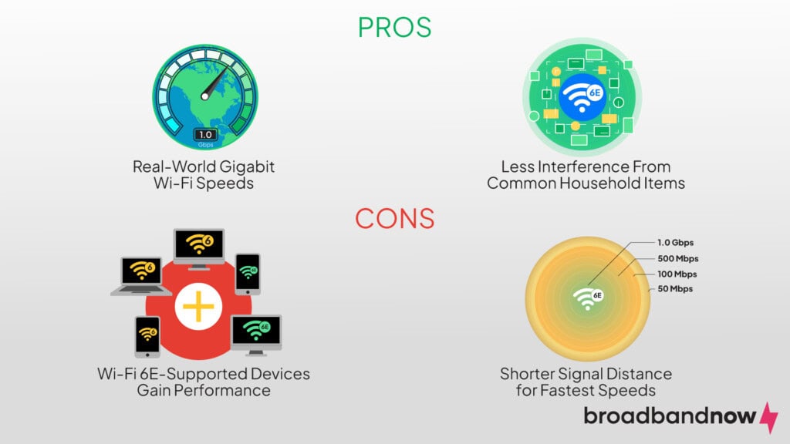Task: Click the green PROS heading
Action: click(394, 27)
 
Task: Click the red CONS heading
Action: click(394, 218)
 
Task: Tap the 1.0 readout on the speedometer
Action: click(204, 134)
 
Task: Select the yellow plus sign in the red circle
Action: click(198, 307)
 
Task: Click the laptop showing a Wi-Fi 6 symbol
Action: click(141, 274)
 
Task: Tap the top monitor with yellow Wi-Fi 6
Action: click(198, 247)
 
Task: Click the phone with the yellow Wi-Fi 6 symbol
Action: click(147, 336)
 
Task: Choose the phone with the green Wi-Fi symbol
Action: click(248, 273)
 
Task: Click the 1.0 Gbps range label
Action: click(675, 242)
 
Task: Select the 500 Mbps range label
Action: click(677, 258)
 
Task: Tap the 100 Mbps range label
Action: click(676, 274)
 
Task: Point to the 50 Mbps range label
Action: click(674, 289)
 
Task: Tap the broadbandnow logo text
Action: click(670, 416)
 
